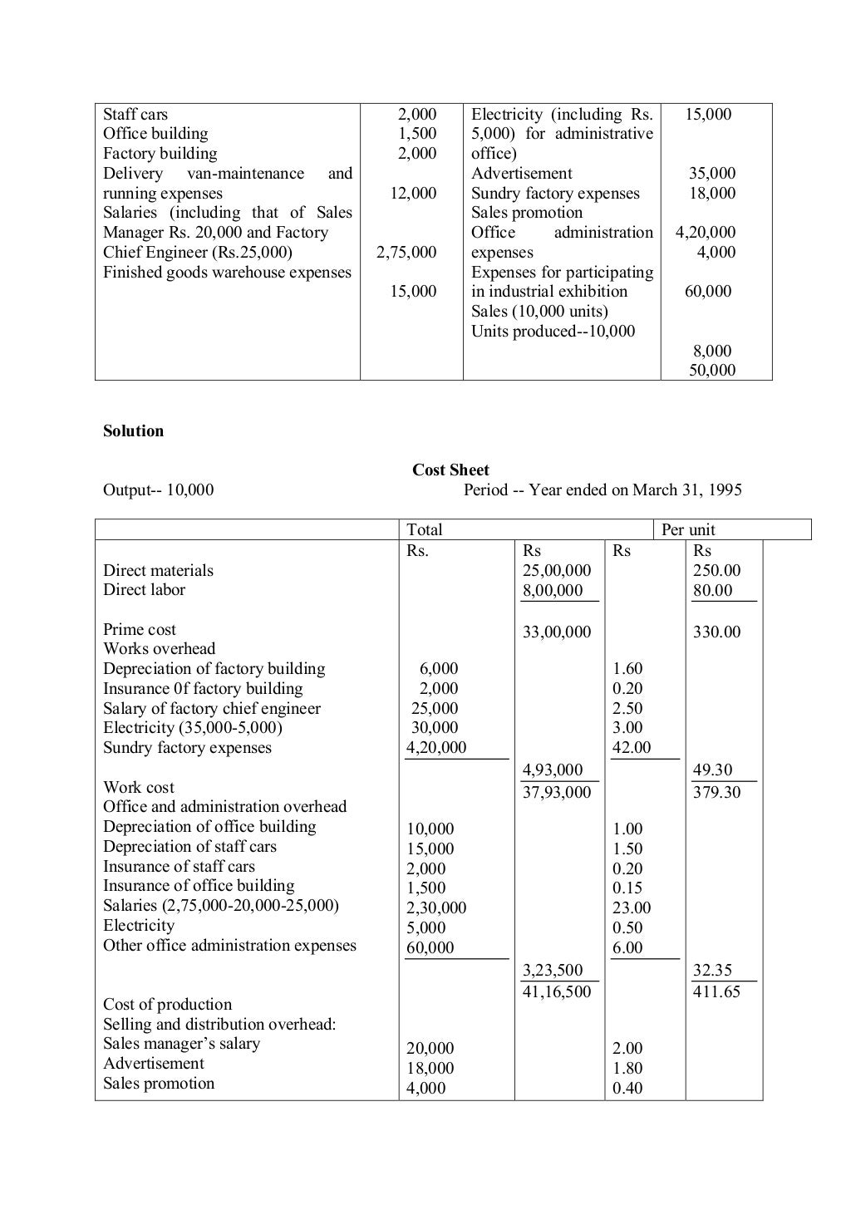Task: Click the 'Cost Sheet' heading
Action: (450, 470)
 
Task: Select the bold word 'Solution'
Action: (133, 430)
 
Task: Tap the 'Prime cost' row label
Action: (140, 629)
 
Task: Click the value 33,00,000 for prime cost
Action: (557, 632)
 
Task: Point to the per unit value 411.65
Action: (716, 991)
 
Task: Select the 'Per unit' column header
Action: (688, 529)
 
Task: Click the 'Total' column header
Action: (425, 529)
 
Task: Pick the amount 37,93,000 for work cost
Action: (557, 792)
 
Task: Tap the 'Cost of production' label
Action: (167, 1004)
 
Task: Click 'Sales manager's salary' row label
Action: (181, 1043)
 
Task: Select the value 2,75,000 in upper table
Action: (406, 252)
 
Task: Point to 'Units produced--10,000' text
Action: (553, 331)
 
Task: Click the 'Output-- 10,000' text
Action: (158, 489)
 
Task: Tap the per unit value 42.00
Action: (632, 747)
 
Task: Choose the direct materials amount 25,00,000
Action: (557, 570)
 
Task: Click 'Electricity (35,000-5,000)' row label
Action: (192, 727)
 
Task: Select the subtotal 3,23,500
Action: (553, 970)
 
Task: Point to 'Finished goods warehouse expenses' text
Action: (227, 272)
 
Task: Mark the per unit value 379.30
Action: (716, 792)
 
